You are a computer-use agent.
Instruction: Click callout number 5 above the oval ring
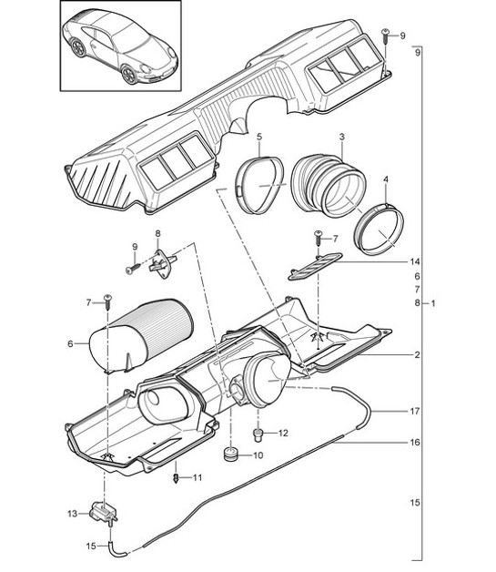(259, 138)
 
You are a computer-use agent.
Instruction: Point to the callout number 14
(416, 261)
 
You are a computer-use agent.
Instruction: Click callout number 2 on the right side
(416, 354)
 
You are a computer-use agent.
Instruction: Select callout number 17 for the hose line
(416, 411)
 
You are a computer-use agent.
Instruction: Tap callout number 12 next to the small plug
(283, 434)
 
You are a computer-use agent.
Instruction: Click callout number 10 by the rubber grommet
(258, 455)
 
